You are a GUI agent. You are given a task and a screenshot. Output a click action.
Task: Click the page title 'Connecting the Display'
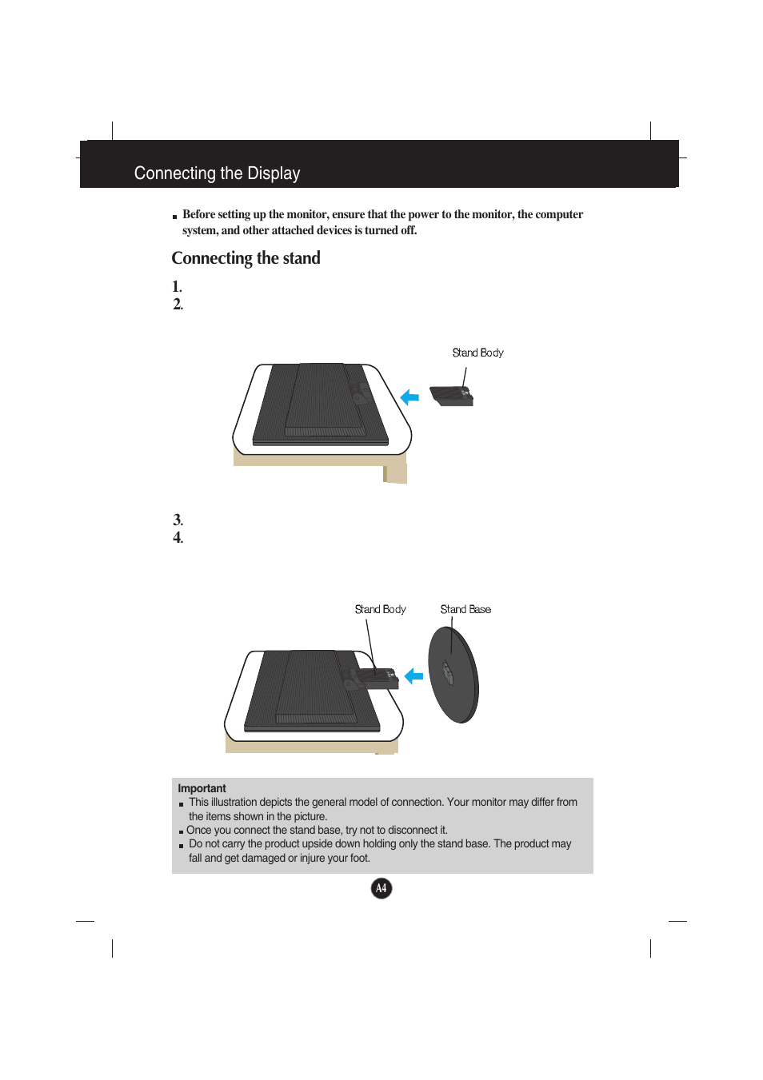pos(217,173)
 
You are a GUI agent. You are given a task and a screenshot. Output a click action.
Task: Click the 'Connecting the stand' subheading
pos(246,258)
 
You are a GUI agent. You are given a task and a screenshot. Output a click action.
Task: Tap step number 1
pos(177,286)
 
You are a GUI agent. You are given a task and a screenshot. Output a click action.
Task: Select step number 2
pos(178,304)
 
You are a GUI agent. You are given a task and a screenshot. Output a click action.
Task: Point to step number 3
pos(178,520)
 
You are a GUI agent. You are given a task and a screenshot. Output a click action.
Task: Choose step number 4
pos(178,537)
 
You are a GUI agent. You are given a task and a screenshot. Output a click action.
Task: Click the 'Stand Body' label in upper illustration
pos(477,353)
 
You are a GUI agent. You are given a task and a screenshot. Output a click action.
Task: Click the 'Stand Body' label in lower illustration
pos(380,609)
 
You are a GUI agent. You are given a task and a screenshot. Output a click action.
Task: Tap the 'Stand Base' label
pos(465,609)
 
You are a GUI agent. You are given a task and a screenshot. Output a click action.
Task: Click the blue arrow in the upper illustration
pos(409,397)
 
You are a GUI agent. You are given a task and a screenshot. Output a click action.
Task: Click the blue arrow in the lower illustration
pos(413,676)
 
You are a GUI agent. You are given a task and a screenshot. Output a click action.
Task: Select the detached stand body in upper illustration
pos(452,396)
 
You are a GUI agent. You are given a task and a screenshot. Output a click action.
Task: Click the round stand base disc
pos(453,675)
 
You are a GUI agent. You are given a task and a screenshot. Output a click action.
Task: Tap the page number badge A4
pos(381,888)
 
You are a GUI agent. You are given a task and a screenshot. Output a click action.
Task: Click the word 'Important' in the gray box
pos(202,788)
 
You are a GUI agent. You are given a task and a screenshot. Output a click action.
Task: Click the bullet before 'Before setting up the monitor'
pos(174,217)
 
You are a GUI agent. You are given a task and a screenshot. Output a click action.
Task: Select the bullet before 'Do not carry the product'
pos(182,846)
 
